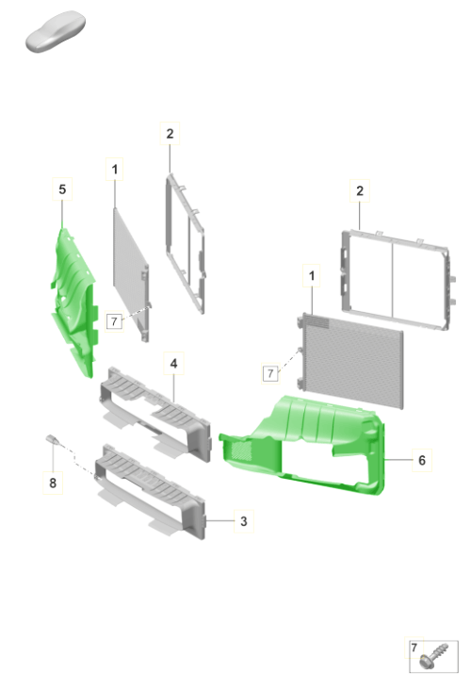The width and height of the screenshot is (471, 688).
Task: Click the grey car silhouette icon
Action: tap(56, 32)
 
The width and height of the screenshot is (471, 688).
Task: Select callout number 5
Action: tap(62, 189)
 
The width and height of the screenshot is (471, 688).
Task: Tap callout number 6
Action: tap(422, 460)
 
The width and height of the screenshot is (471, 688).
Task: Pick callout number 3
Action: tap(244, 521)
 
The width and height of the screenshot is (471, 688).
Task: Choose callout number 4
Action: tap(173, 363)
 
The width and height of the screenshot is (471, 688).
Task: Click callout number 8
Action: tap(53, 483)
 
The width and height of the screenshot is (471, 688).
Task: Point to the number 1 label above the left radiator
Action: tap(115, 169)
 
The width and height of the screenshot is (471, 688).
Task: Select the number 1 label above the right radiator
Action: tap(312, 275)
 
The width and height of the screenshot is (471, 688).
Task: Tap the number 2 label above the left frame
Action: tap(170, 134)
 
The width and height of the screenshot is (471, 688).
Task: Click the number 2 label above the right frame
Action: tap(360, 191)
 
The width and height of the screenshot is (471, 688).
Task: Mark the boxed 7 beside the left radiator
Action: tap(114, 321)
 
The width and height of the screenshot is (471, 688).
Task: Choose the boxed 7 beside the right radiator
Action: tap(270, 373)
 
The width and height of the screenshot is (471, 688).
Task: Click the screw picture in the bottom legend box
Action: tap(433, 657)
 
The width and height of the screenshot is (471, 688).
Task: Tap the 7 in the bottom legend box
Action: tap(414, 647)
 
